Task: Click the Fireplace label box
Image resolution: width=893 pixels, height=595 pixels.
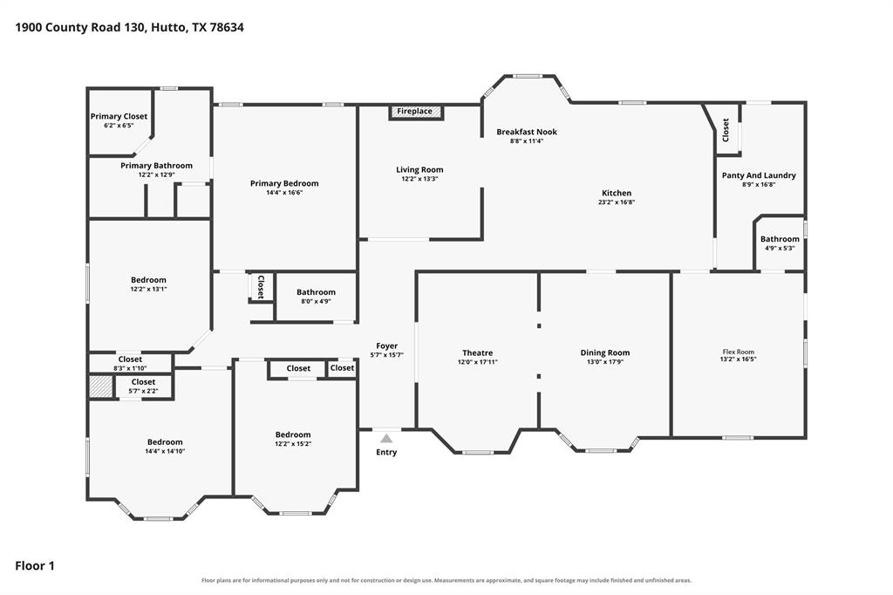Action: coord(415,112)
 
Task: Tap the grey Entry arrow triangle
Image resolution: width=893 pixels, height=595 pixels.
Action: coord(386,438)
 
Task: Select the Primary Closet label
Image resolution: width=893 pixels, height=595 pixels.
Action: coord(119,116)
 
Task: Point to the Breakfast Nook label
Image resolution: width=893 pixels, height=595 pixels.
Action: coord(527,132)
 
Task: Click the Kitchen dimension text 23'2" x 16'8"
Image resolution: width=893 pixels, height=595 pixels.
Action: coord(617,202)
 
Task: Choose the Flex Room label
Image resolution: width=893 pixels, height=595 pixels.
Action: coord(738,352)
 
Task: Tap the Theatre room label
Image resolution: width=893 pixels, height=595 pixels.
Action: coord(477,352)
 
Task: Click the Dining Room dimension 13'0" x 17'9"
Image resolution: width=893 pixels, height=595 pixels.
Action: coord(605,362)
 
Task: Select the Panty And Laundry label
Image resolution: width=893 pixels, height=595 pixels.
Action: coord(759,175)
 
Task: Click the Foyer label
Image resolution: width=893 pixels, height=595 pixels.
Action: coord(386,346)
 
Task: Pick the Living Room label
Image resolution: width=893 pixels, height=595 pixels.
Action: coord(419,170)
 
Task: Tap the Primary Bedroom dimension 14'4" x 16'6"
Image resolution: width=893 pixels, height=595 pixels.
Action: coord(284,193)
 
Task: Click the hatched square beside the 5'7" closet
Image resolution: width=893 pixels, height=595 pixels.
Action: coord(101,386)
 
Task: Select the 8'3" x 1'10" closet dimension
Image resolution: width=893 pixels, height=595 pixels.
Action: coord(130,368)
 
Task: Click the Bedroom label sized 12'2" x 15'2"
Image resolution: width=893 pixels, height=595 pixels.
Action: coord(293,434)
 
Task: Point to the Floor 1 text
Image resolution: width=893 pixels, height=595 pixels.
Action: coord(35,566)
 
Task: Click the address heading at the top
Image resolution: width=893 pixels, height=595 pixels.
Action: coord(129,27)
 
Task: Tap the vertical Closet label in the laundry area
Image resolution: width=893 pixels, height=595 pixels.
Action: coord(726,130)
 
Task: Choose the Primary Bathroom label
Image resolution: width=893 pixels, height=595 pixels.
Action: coord(157,165)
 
